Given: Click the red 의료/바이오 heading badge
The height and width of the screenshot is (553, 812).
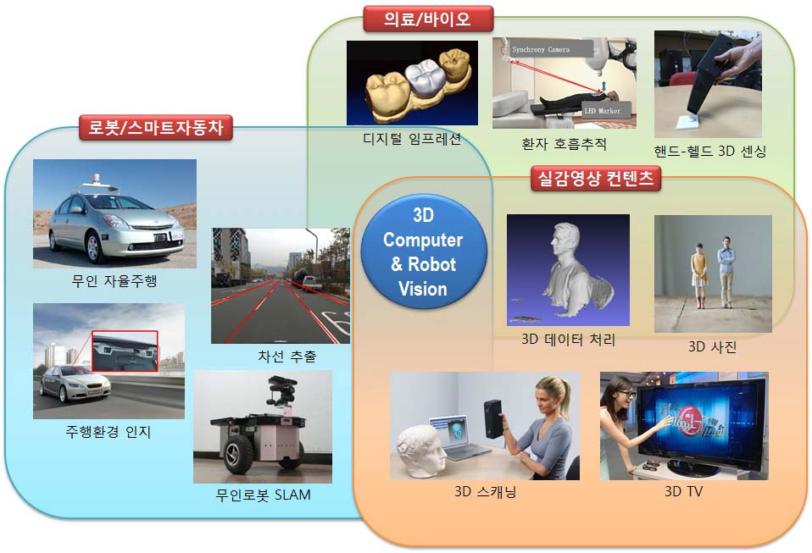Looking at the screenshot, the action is [x=428, y=19].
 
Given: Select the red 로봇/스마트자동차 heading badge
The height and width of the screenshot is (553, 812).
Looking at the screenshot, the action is [x=156, y=127].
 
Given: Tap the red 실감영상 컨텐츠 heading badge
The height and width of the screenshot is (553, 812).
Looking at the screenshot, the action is [x=596, y=179].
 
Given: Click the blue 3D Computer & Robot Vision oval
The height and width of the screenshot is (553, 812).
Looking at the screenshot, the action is [x=424, y=252].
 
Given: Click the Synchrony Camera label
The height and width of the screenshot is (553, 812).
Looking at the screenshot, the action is [x=541, y=50].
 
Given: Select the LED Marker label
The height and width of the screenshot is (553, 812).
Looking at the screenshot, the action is [x=603, y=111].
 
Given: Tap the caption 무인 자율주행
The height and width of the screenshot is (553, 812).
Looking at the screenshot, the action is [x=114, y=281].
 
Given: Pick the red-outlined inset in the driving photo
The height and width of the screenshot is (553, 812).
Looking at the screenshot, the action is [x=125, y=351].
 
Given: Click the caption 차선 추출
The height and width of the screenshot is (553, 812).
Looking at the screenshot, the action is [x=286, y=356].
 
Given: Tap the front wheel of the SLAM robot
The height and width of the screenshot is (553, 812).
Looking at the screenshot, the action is [x=239, y=454].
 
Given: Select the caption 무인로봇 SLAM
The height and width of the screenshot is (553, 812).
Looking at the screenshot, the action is [x=263, y=495].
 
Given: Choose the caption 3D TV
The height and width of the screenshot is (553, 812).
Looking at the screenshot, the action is [x=683, y=491].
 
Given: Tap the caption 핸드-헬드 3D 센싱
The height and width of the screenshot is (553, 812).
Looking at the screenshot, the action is [x=710, y=151].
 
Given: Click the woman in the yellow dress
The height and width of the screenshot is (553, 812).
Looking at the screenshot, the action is [x=699, y=276].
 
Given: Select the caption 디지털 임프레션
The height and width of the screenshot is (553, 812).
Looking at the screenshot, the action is [x=412, y=139].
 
